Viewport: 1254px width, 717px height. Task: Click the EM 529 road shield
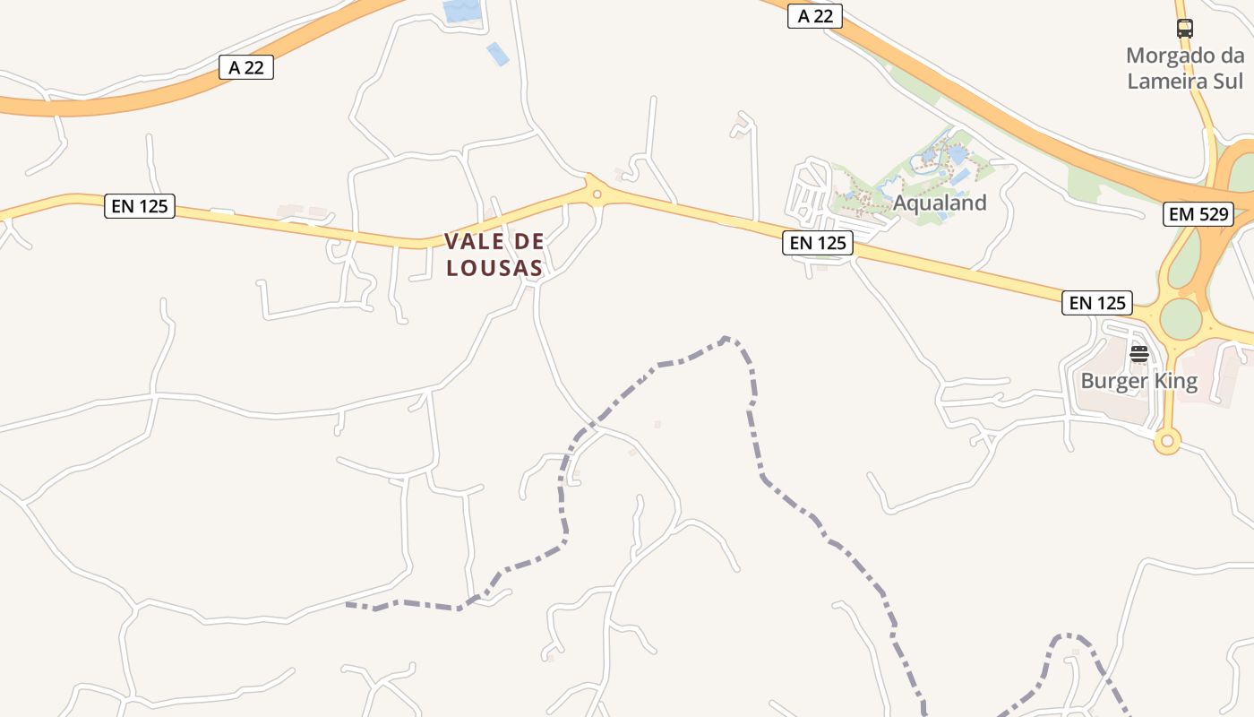point(1198,214)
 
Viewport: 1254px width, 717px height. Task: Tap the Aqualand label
point(940,203)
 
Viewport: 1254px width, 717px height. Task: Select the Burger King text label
point(1138,381)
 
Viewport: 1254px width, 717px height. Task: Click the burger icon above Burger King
point(1138,354)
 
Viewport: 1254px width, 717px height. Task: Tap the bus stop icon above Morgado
point(1185,29)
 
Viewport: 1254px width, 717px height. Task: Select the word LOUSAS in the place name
point(494,268)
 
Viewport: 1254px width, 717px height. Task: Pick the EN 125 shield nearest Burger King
point(1097,303)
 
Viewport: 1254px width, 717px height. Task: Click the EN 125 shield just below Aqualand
point(817,242)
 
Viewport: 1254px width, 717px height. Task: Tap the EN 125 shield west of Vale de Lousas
point(139,206)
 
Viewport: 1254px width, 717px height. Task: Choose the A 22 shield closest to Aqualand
point(815,16)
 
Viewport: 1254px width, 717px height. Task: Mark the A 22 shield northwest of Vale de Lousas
point(246,67)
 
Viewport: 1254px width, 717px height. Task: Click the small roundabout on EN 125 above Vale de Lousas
point(597,193)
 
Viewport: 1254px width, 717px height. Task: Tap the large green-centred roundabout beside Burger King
point(1181,319)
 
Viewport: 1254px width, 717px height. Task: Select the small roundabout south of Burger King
point(1166,440)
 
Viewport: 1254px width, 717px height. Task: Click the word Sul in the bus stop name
point(1228,81)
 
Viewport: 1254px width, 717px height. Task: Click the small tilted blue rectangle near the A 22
point(497,54)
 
